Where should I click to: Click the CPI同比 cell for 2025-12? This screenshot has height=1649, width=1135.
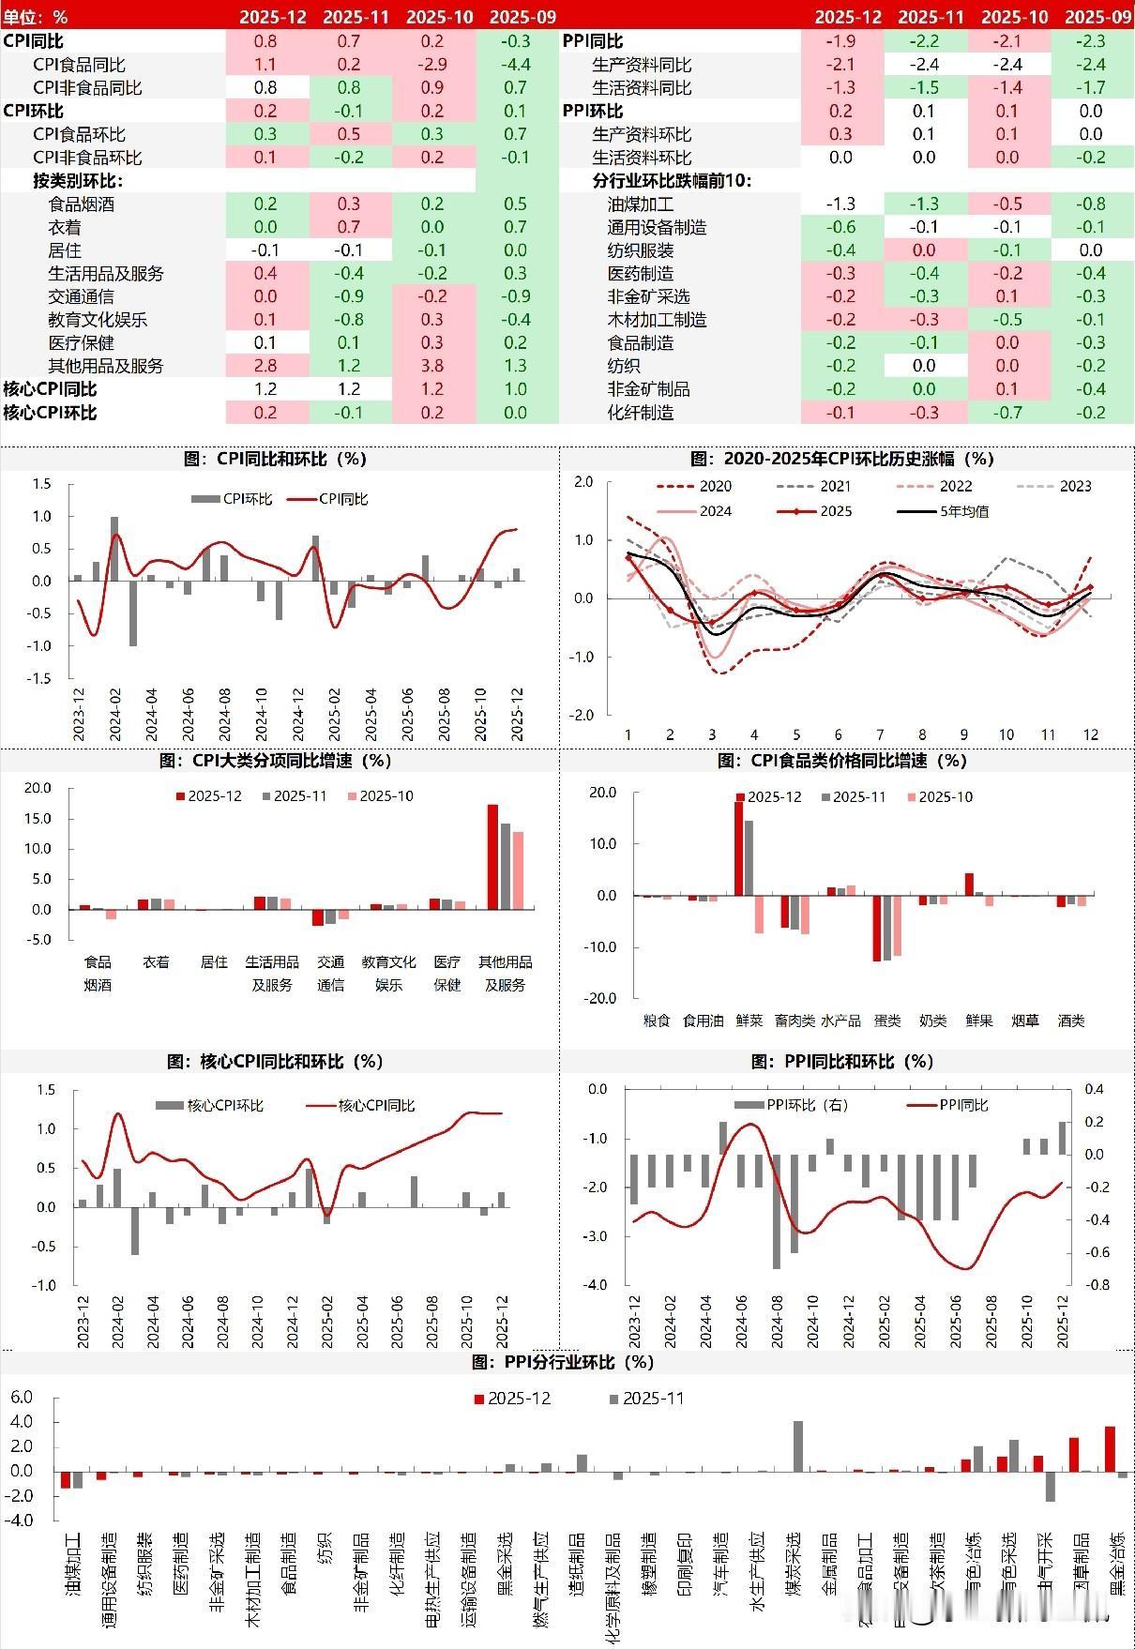point(265,41)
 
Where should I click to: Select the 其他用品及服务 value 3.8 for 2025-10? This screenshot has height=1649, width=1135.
point(433,366)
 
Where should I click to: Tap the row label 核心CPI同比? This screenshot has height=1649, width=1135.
point(50,389)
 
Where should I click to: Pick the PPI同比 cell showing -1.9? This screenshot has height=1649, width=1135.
point(841,41)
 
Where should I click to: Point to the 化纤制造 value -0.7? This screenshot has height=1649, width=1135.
point(1007,413)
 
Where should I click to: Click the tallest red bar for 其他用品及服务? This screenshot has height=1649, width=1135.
point(492,855)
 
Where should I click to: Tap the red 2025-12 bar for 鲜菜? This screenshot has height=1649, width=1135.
point(738,848)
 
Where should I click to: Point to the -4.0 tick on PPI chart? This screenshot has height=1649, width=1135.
point(597,1284)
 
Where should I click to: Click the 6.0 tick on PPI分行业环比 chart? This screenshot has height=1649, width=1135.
point(21,1397)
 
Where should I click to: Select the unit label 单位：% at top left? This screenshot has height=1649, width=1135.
point(35,17)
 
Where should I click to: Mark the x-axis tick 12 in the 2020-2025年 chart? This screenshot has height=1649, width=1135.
point(1090,734)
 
